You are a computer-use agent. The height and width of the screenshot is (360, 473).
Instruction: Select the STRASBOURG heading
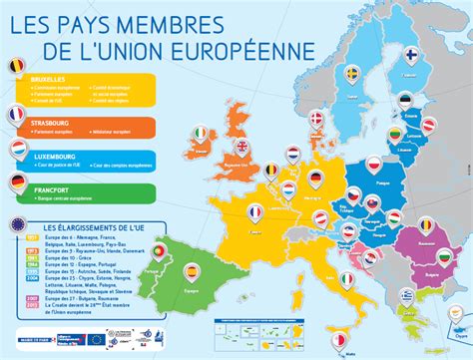(x=53, y=120)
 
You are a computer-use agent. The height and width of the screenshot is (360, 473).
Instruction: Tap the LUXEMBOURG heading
(x=54, y=155)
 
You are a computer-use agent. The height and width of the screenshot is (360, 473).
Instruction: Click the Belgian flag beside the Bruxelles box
(x=16, y=67)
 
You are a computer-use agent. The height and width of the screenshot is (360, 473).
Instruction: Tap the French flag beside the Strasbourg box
(x=16, y=116)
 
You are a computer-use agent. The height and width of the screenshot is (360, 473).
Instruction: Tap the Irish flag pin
(x=204, y=132)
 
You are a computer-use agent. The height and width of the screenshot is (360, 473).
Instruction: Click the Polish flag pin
(x=375, y=164)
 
